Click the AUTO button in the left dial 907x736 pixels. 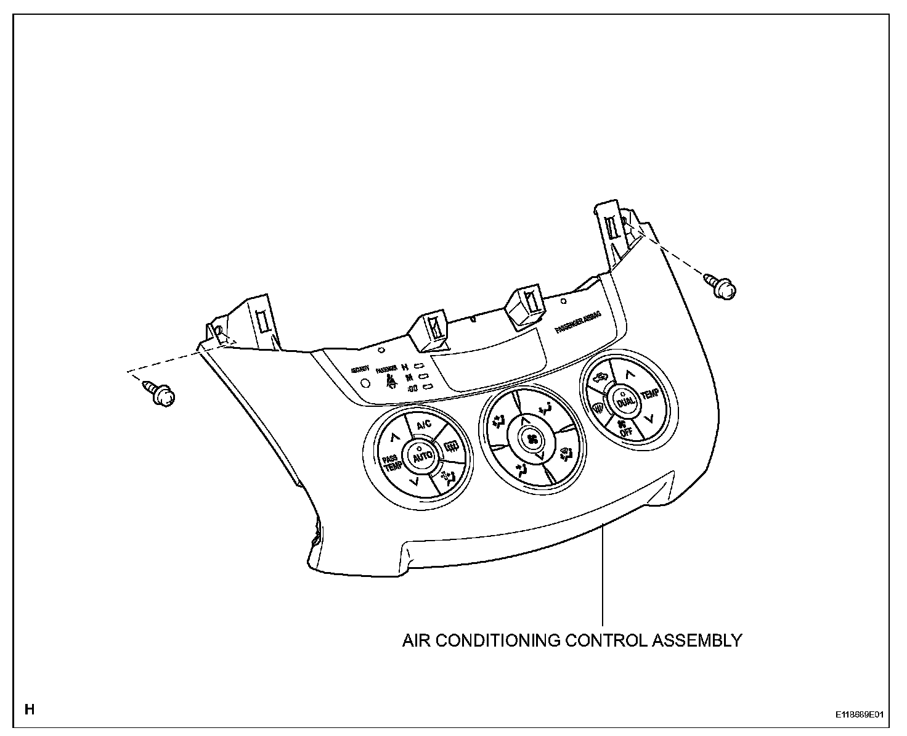coord(422,457)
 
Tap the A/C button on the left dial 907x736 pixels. coord(424,425)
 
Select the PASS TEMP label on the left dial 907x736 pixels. coord(390,463)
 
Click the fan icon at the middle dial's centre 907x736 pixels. coord(532,439)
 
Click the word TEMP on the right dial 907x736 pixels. coord(649,394)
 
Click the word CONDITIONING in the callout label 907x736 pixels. coord(500,640)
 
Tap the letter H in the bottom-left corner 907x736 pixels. coord(29,709)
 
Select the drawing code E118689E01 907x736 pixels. coord(860,715)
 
